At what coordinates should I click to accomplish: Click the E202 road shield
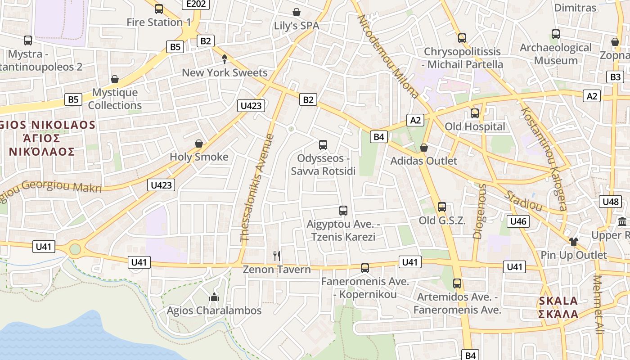coord(197,4)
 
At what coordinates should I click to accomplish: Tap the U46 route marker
coord(518,221)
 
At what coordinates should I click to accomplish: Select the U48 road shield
coord(611,201)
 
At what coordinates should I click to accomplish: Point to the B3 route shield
coord(616,76)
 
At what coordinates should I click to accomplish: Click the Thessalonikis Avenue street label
coord(257,188)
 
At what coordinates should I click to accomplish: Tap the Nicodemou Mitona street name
coord(388,56)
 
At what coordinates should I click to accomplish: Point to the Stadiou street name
coord(523,201)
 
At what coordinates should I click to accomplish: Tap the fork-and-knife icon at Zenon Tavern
coord(277,256)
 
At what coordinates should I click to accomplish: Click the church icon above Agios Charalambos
coord(214,297)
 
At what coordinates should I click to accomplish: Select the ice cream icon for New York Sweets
coord(225,59)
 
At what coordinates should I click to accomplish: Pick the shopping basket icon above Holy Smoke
coord(199,144)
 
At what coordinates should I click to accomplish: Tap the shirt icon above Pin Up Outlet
coord(573,241)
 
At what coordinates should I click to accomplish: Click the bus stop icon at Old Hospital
coord(475,113)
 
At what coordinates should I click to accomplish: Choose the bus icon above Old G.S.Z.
coord(442,207)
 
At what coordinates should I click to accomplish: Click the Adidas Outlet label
coord(423,161)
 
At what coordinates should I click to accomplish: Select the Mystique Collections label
coord(115,99)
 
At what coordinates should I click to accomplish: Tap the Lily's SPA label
coord(297,26)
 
